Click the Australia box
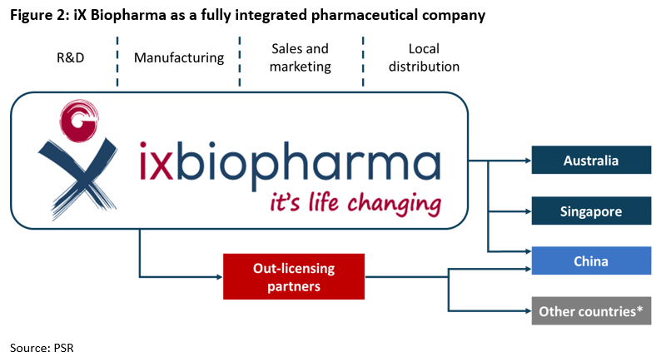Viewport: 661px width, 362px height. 591,160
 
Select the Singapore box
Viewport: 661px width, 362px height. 591,211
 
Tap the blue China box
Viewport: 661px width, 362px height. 591,260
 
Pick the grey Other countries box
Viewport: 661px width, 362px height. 591,311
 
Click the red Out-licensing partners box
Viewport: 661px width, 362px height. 294,276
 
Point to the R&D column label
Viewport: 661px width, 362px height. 71,57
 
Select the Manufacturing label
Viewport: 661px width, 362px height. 179,57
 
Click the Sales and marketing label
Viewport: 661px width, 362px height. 301,57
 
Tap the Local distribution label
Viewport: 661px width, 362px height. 424,57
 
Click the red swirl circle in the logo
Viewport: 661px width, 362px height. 79,120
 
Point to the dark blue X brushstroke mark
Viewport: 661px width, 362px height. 78,177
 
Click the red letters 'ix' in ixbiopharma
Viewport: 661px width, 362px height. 156,162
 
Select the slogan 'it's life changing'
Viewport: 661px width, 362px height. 355,203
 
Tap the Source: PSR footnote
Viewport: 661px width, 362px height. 42,348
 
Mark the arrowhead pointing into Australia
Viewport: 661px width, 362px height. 528,161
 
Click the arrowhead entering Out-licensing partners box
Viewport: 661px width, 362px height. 220,277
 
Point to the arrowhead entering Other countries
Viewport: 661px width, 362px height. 528,311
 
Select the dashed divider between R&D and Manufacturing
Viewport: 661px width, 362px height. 117,62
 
